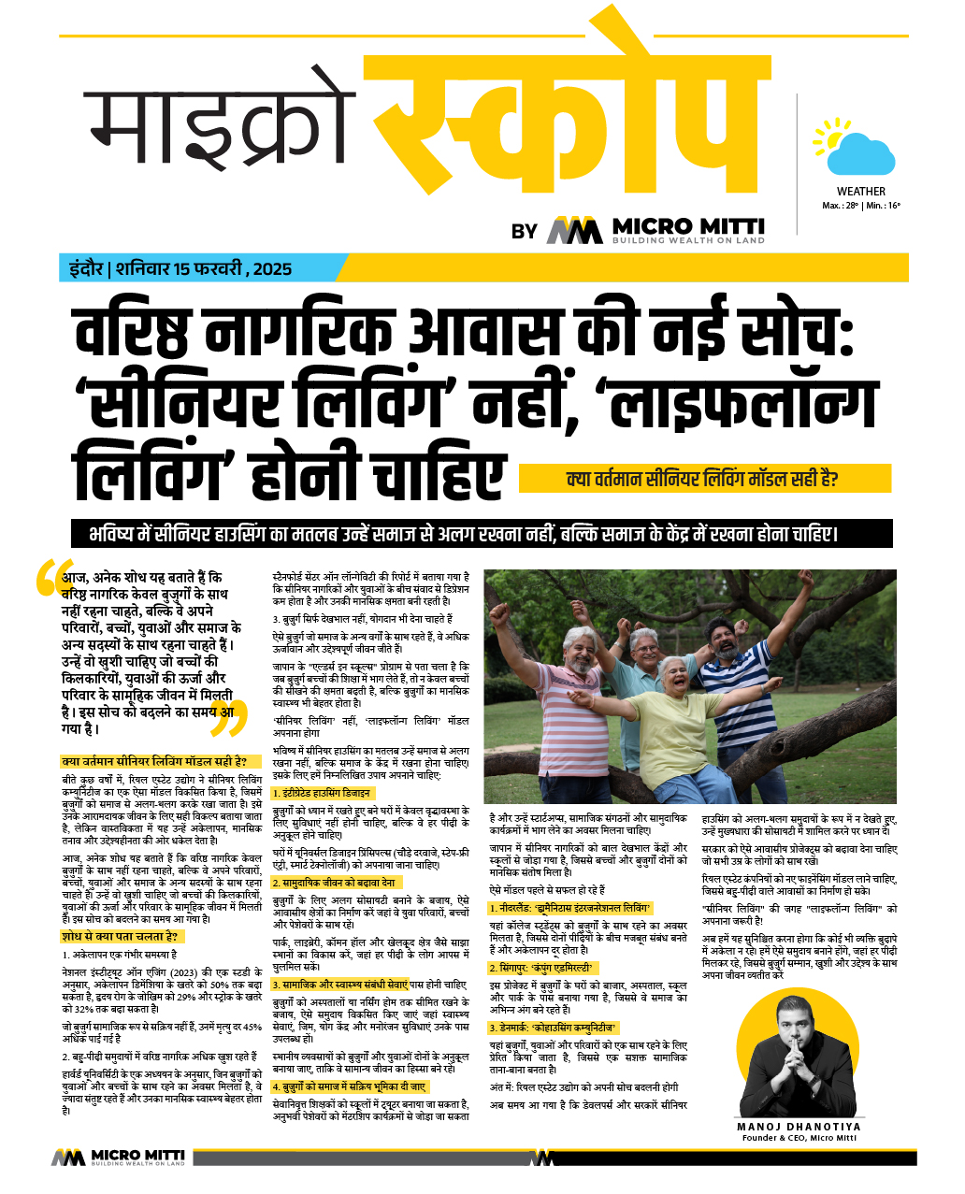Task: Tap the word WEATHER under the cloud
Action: (860, 192)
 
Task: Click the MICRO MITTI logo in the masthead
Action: (655, 229)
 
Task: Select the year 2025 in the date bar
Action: (272, 269)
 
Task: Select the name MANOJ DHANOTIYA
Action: (798, 1127)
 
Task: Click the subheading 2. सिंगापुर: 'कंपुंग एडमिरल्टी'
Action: (543, 968)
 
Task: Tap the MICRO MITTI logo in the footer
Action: (118, 1158)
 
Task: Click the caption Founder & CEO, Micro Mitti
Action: (798, 1138)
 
